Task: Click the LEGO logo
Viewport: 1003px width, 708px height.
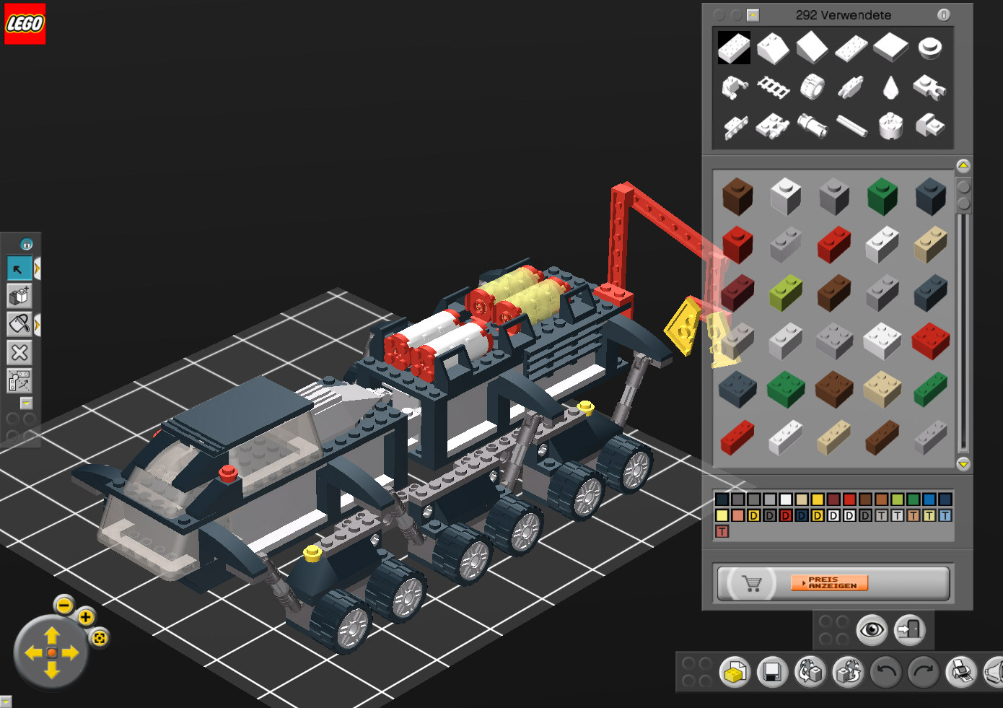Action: pos(25,24)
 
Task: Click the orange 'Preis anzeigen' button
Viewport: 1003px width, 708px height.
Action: pos(829,582)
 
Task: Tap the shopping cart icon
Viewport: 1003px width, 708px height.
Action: pos(752,583)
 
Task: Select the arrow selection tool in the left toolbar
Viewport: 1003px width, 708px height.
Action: pos(19,268)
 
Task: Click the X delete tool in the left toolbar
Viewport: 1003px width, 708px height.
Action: pos(19,353)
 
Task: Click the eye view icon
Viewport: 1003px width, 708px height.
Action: pos(872,630)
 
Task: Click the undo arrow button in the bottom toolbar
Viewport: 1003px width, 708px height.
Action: pos(885,672)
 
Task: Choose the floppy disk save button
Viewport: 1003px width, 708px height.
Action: pos(772,672)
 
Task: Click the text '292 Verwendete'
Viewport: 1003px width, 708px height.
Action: pos(843,15)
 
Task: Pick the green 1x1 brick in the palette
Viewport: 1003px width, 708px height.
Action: pos(882,196)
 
